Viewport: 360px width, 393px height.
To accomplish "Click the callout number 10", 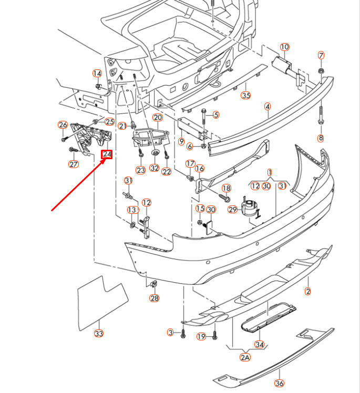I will (284, 47).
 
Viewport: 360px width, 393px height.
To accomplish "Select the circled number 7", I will (321, 55).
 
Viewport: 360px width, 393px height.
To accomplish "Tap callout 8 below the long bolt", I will (321, 138).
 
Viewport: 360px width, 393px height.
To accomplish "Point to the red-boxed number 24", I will (107, 154).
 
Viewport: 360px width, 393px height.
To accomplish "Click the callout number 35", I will (245, 95).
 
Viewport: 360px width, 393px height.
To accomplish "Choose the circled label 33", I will (99, 333).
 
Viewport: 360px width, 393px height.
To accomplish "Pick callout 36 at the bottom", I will (279, 383).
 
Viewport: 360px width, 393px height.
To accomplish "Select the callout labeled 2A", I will (245, 357).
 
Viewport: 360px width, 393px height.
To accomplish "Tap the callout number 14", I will (97, 73).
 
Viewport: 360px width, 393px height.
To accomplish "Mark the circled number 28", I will (154, 298).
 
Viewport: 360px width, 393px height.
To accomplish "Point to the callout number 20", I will (158, 117).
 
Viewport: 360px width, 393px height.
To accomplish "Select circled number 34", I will (259, 345).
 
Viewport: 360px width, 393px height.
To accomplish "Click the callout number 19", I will (201, 336).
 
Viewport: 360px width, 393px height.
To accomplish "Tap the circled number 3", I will (170, 332).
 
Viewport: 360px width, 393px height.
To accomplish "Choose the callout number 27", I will (73, 164).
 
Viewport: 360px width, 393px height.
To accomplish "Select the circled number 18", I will (227, 188).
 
